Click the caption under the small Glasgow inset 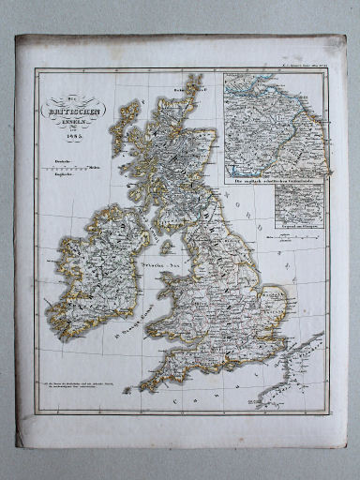coord(294,227)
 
